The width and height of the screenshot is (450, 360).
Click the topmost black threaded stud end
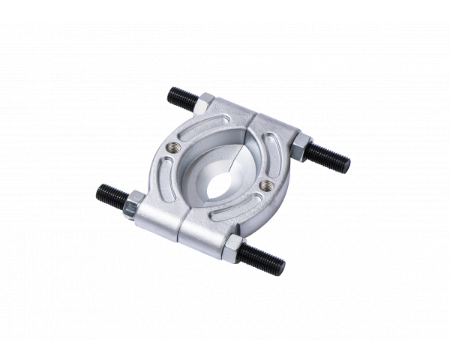[x=178, y=97]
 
